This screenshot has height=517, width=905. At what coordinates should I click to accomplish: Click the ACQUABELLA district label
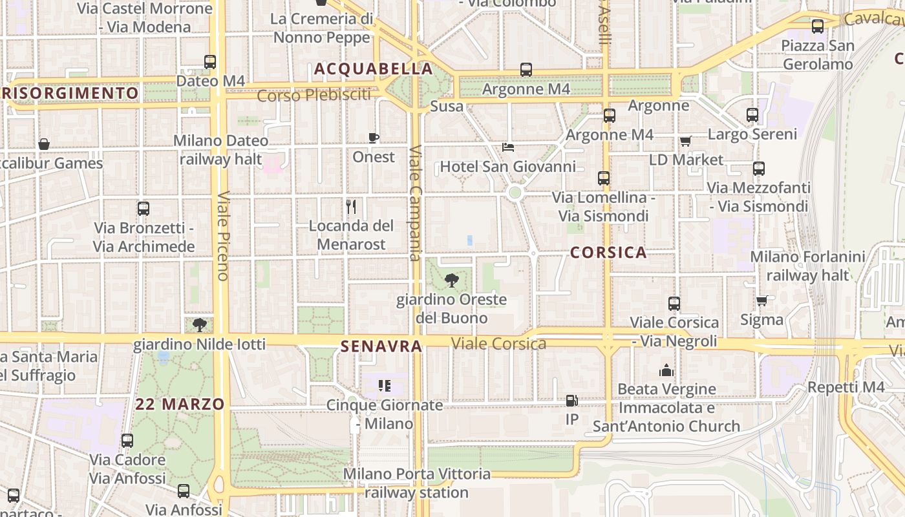[374, 69]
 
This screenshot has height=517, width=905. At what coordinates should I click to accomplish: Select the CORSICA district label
[608, 253]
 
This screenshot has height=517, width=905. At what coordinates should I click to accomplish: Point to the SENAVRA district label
[381, 346]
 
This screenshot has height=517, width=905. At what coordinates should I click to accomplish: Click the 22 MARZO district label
[180, 405]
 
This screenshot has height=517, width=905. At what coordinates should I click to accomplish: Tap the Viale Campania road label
[415, 203]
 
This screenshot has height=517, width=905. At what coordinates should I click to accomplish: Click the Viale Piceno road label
[223, 235]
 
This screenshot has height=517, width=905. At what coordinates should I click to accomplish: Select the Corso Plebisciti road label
[314, 96]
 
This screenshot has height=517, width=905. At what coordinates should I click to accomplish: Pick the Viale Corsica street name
[499, 343]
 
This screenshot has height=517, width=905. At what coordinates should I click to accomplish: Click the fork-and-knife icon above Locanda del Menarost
[351, 206]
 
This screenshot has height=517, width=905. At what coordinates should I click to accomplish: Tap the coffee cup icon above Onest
[373, 138]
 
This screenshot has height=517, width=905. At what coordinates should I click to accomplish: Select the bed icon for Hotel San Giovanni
[508, 147]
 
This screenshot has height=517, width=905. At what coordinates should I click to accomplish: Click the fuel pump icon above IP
[571, 401]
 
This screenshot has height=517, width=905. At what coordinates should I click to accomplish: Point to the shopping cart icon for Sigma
[762, 301]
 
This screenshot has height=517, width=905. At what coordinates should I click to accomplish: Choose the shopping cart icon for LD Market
[685, 141]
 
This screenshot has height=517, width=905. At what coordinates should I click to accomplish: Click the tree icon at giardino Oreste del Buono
[452, 280]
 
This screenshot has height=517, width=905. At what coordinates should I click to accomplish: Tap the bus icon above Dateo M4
[210, 62]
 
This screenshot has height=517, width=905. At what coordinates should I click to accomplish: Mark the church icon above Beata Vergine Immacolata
[666, 370]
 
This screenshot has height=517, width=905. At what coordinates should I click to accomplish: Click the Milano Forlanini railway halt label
[807, 266]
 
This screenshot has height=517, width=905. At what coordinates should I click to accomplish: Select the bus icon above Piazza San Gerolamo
[818, 26]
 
